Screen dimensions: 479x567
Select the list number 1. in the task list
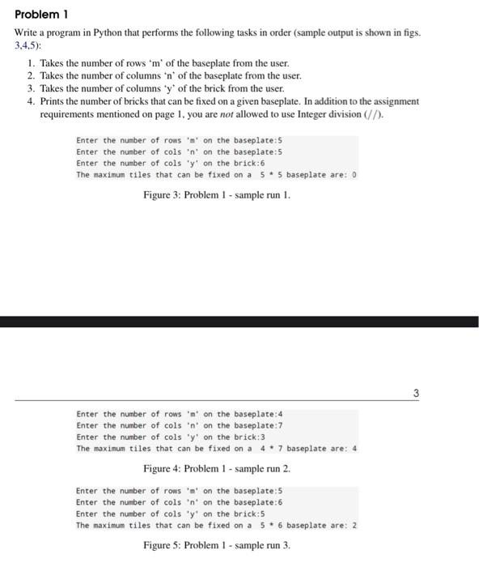(32, 62)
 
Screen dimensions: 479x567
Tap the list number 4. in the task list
(32, 101)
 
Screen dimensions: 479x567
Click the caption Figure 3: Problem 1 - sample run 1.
(216, 195)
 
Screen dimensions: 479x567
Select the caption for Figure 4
(216, 469)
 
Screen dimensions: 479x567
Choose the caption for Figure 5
(216, 545)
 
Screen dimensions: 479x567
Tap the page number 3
(416, 394)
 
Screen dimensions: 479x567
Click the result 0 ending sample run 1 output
(354, 174)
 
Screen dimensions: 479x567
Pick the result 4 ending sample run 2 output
(354, 448)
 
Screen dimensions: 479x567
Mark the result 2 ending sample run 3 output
(354, 525)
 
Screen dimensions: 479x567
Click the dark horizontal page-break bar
(239, 322)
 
